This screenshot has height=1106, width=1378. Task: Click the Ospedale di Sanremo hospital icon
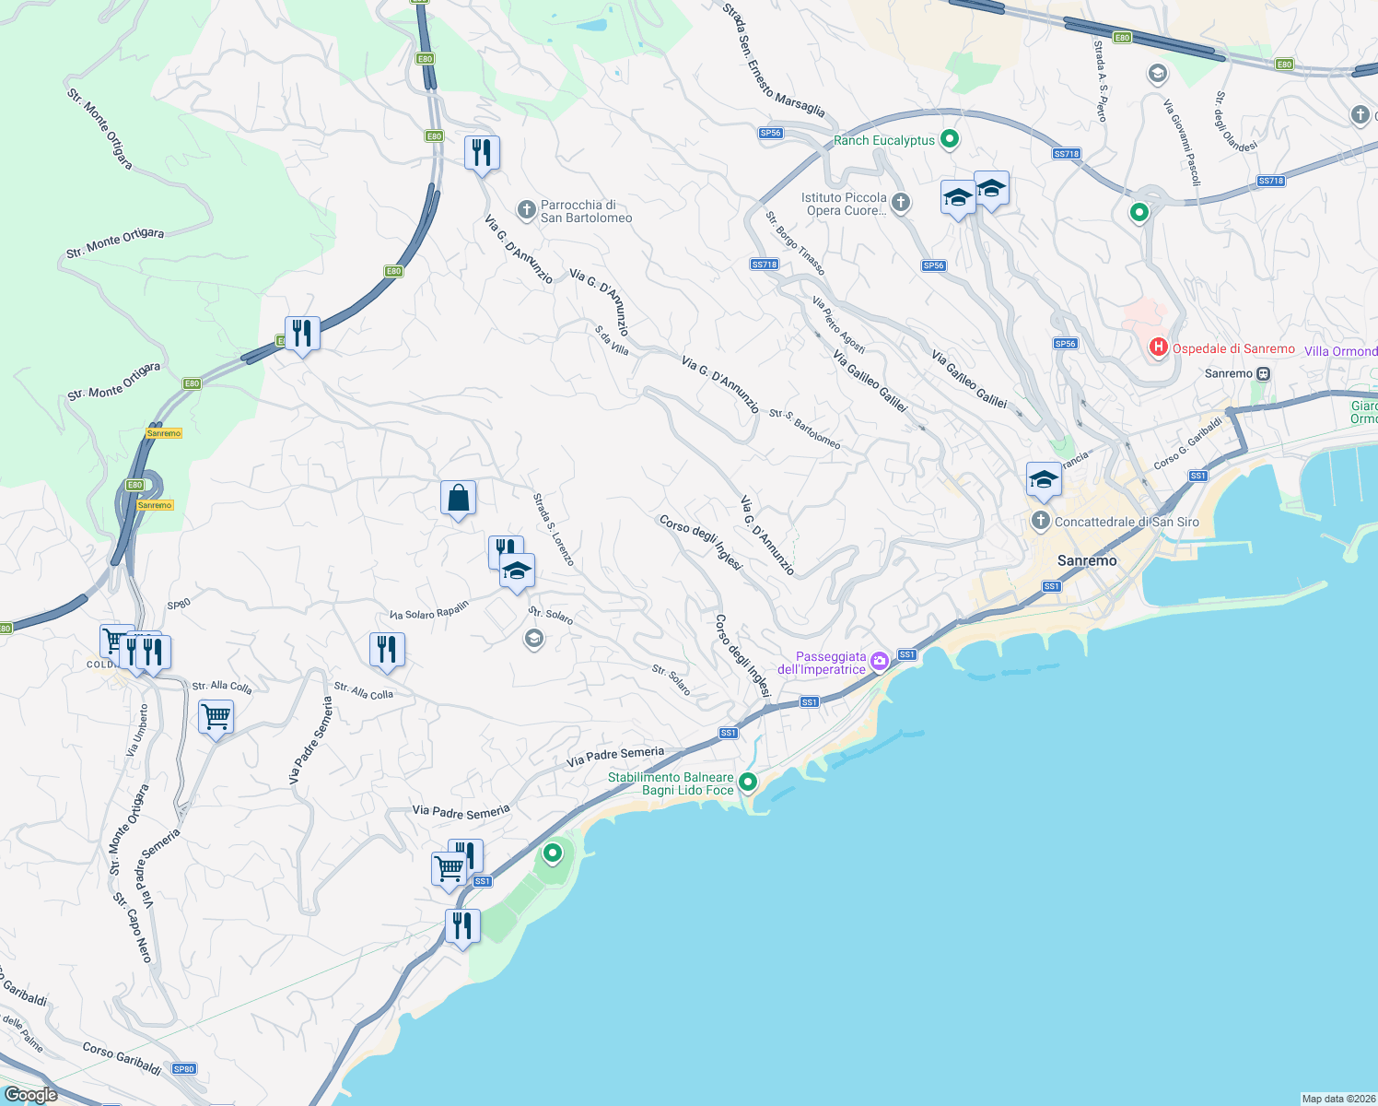[x=1158, y=347]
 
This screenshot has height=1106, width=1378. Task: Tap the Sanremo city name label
[x=1087, y=560]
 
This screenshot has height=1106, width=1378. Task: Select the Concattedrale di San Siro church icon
[x=1041, y=522]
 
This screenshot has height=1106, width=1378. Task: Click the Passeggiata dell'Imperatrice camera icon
[x=879, y=661]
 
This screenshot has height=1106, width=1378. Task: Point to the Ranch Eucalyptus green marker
[x=950, y=140]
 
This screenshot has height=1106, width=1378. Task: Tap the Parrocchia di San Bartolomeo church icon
[x=526, y=211]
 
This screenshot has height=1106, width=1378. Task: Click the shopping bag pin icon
[x=458, y=499]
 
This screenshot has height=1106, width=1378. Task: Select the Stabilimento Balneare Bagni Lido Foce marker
[x=748, y=782]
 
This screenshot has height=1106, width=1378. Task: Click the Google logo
[x=31, y=1094]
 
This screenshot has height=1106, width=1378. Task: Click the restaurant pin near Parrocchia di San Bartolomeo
[x=482, y=152]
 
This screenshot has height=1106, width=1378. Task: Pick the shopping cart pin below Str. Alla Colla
[x=216, y=716]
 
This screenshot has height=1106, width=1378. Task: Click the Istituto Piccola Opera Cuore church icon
[x=901, y=203]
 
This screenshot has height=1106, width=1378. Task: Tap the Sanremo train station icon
[x=1264, y=373]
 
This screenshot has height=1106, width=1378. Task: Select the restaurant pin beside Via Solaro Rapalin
[x=387, y=649]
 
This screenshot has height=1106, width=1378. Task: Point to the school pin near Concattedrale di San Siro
[x=1044, y=480]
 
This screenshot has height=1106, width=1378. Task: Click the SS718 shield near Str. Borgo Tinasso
[x=765, y=265]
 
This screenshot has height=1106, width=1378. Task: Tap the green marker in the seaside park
[x=553, y=853]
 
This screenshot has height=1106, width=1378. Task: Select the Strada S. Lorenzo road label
[x=553, y=530]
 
